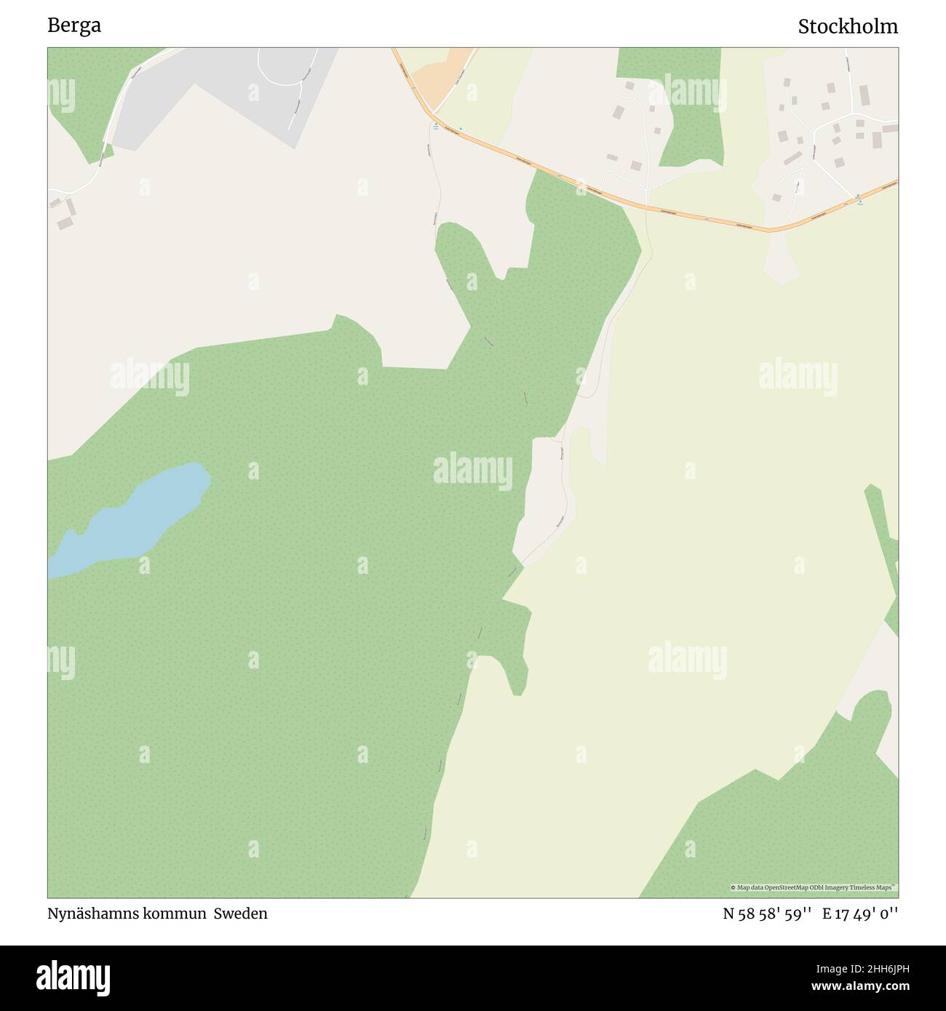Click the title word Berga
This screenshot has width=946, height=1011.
click(74, 25)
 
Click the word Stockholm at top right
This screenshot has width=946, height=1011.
click(848, 27)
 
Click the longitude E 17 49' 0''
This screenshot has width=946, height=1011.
click(860, 914)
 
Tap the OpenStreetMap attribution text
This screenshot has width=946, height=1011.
click(814, 887)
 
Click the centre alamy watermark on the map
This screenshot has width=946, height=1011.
click(473, 469)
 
